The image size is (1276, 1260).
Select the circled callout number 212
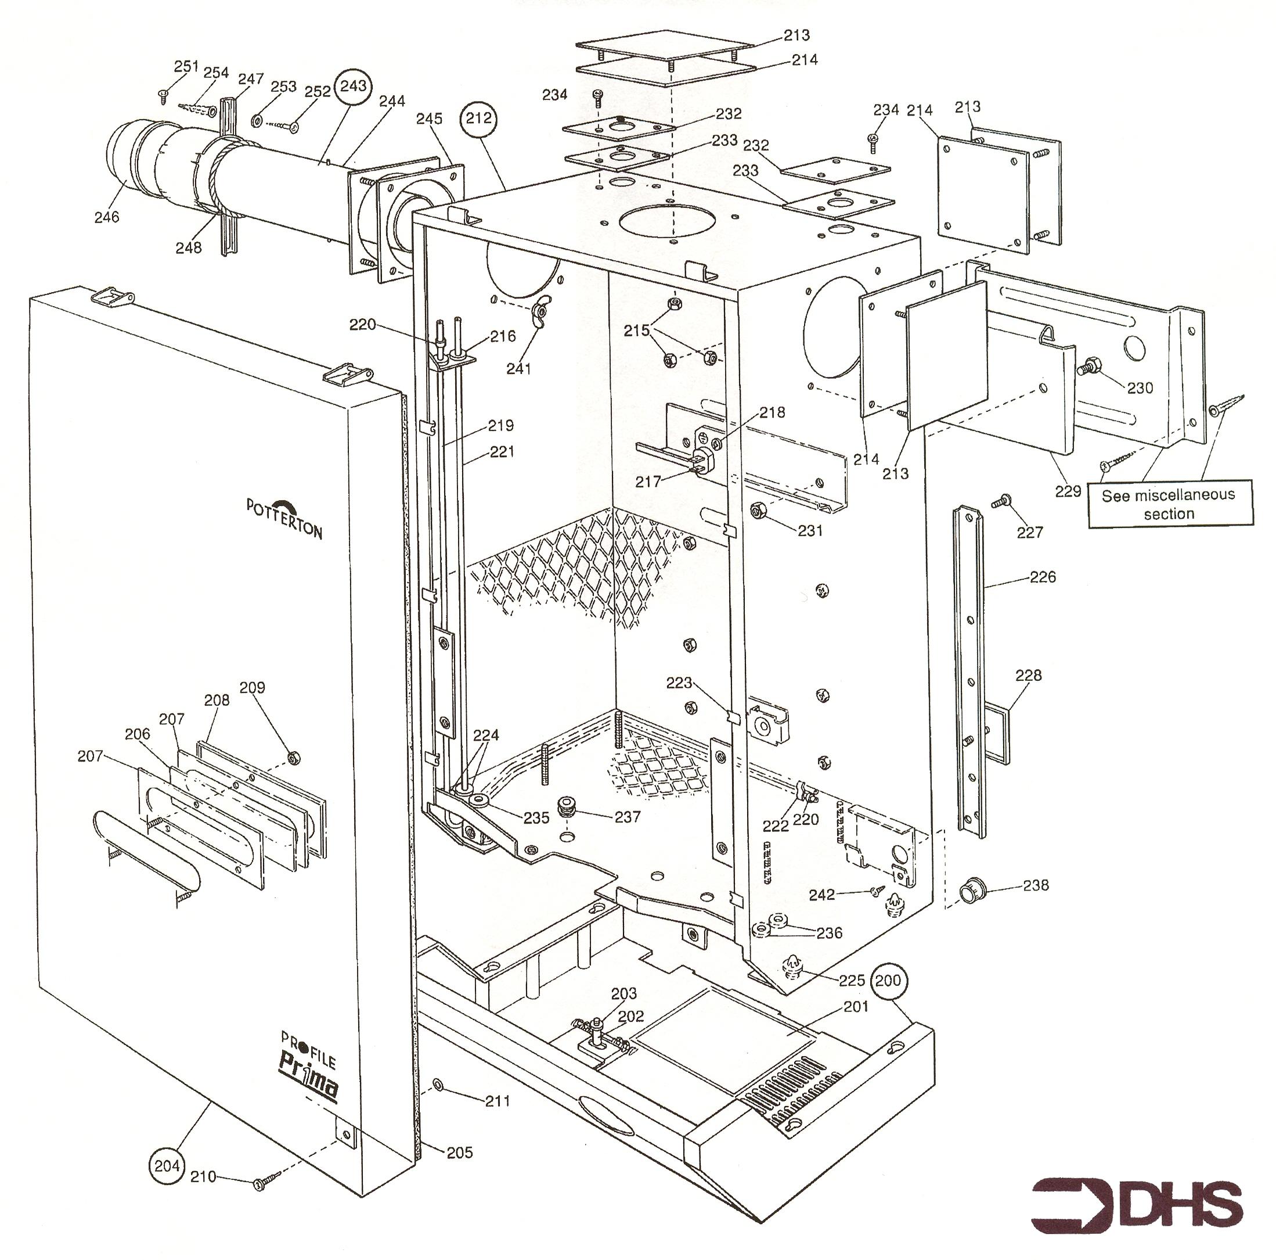click(479, 119)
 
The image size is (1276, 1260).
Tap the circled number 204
click(167, 1166)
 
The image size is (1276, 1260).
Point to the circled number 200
click(888, 980)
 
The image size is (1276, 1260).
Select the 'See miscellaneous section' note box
click(1169, 504)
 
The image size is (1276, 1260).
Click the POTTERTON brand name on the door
click(284, 518)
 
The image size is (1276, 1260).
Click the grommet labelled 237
click(566, 807)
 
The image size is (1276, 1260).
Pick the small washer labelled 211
click(438, 1084)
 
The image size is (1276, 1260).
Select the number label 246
click(106, 217)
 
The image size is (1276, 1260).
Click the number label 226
click(1042, 577)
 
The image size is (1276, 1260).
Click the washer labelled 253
click(258, 121)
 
